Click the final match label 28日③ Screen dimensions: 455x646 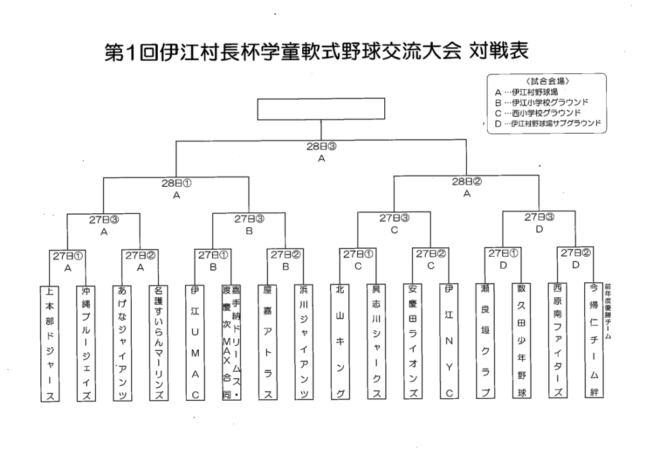coord(322,146)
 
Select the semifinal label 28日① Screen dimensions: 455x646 coord(177,183)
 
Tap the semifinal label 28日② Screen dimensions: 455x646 coord(467,182)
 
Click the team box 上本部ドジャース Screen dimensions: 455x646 coord(50,342)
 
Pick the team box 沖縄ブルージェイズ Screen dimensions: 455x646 coord(86,342)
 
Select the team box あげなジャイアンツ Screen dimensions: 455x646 coord(122,342)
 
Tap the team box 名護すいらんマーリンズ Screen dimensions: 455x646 coord(159,342)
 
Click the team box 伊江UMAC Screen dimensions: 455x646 coord(195,342)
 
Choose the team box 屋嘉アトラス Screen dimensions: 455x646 coord(267,342)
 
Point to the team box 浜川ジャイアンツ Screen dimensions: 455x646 coord(304,342)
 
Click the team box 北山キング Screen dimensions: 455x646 coord(341,342)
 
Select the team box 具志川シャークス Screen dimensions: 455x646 coord(377,342)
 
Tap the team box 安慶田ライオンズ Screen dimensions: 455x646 coord(413,342)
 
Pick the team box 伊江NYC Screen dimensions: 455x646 coord(449,342)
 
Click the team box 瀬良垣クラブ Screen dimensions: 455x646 coord(485,342)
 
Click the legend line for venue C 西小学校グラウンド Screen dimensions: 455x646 coord(542,112)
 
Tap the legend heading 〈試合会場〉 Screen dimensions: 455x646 coord(547,81)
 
